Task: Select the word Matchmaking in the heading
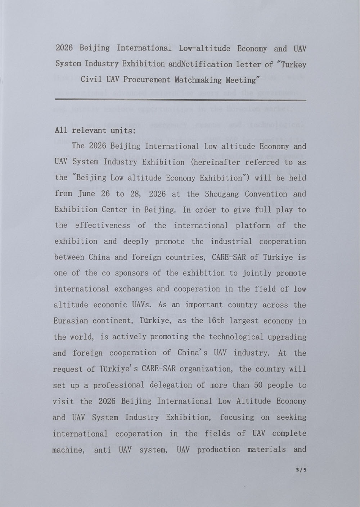click(198, 80)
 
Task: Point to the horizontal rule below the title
click(180, 100)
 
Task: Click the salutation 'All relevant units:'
click(95, 131)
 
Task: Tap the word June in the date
click(86, 194)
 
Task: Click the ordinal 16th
click(209, 321)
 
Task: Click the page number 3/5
click(300, 470)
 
